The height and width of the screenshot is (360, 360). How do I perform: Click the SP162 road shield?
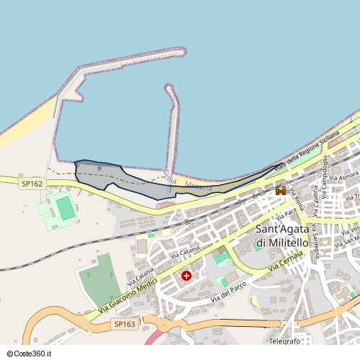click(32, 184)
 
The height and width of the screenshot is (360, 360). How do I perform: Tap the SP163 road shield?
click(125, 325)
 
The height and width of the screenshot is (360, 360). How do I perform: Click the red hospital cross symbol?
click(186, 276)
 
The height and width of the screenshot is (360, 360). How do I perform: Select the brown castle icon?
click(281, 190)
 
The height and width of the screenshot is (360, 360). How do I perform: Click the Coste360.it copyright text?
click(32, 354)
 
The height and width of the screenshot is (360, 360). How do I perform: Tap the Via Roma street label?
click(297, 199)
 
